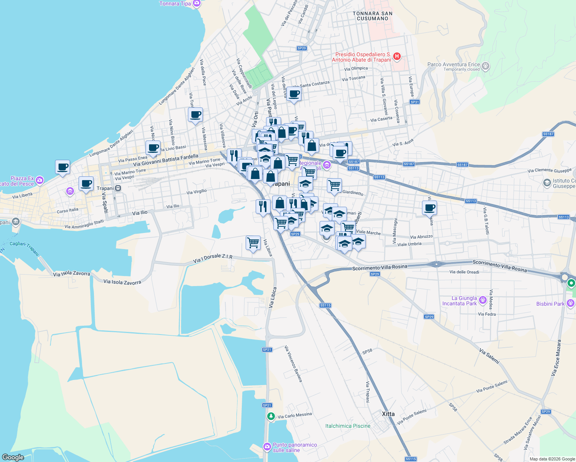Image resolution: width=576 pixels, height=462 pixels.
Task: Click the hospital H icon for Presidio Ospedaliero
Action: (x=397, y=57)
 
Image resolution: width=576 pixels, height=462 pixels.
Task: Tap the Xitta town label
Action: (x=388, y=414)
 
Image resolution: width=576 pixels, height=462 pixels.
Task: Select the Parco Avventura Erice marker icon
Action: (x=486, y=66)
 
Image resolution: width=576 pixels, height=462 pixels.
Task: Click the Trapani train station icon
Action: (x=118, y=188)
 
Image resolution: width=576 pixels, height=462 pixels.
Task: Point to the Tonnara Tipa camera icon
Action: (x=197, y=3)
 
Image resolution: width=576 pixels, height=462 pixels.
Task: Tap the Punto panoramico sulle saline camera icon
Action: (x=267, y=447)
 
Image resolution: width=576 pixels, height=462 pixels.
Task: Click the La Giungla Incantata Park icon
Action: (x=483, y=300)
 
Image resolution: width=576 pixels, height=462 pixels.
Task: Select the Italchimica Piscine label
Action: (x=348, y=426)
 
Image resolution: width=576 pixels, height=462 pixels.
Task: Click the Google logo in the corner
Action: (x=13, y=457)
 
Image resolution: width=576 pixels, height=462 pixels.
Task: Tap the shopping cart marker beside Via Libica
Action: (x=253, y=243)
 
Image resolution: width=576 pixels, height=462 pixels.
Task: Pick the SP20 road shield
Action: (x=301, y=48)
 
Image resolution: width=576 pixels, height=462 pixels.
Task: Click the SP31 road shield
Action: (x=415, y=102)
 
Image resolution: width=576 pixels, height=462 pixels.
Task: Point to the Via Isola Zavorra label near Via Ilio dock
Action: (x=122, y=282)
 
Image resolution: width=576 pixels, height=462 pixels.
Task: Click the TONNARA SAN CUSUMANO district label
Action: (x=372, y=16)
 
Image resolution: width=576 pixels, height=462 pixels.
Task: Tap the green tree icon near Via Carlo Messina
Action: (x=271, y=416)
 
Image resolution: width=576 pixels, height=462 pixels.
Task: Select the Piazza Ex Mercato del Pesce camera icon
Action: (x=40, y=180)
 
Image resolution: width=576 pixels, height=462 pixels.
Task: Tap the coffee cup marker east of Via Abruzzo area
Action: (x=429, y=208)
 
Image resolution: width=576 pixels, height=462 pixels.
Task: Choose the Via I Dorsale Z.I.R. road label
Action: (x=213, y=258)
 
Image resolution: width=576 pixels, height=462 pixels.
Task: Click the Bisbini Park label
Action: (x=550, y=304)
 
